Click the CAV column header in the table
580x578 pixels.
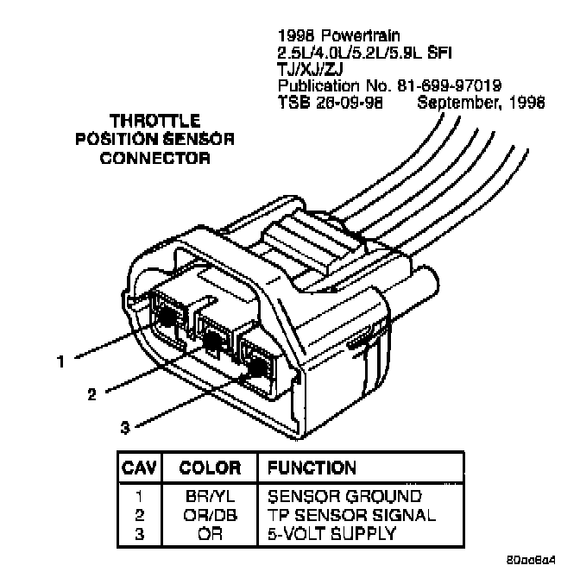click(x=138, y=468)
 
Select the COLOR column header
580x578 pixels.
click(x=210, y=468)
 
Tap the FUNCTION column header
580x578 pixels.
click(x=312, y=468)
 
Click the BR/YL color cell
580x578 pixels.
click(x=210, y=497)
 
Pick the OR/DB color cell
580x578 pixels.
click(x=210, y=515)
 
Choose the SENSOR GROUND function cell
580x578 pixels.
click(x=344, y=497)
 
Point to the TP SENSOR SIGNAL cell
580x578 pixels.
click(x=351, y=515)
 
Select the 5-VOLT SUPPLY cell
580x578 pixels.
click(x=332, y=533)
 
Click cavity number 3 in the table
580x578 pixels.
click(x=138, y=533)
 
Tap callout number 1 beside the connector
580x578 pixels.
click(x=60, y=363)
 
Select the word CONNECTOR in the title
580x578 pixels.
click(x=155, y=158)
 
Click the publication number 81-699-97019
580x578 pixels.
click(x=449, y=87)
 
